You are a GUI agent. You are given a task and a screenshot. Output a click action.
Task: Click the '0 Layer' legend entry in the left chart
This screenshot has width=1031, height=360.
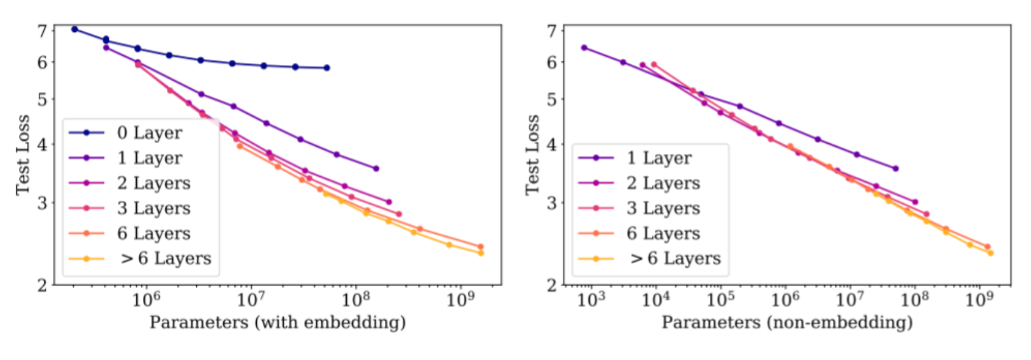coord(149,132)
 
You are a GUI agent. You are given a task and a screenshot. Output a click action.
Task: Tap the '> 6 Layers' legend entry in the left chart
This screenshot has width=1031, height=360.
coord(166,258)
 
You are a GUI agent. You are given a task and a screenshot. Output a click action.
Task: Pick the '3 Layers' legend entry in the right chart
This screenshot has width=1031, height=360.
coord(663,208)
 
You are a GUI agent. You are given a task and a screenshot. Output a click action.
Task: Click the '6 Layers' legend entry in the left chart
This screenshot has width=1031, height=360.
coord(154,233)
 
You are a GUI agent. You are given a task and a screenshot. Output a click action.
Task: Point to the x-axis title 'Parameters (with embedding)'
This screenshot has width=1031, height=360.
coord(277,322)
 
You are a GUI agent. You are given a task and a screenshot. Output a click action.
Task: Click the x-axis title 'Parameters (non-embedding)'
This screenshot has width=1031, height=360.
coord(787,322)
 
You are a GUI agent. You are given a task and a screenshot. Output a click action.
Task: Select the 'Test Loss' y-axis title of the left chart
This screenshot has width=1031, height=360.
coord(22,154)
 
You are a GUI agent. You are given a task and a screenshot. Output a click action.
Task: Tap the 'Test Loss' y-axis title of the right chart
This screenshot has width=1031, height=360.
coord(532,154)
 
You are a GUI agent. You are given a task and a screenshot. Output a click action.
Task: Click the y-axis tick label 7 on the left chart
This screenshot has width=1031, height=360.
coord(42,30)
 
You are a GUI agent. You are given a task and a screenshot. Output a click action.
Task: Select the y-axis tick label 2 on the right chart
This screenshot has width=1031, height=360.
coord(552,285)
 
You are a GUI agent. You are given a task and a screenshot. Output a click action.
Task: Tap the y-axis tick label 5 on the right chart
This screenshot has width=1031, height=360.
coord(552,99)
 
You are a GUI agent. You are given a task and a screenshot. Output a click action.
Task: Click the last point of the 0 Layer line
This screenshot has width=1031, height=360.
coord(327,67)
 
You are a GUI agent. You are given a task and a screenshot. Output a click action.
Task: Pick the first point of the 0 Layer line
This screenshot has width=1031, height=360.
coord(74,29)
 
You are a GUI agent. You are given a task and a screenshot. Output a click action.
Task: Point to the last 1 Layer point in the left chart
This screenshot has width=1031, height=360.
coord(376,168)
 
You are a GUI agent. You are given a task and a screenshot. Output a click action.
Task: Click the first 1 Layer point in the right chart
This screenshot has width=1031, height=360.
coord(584,47)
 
